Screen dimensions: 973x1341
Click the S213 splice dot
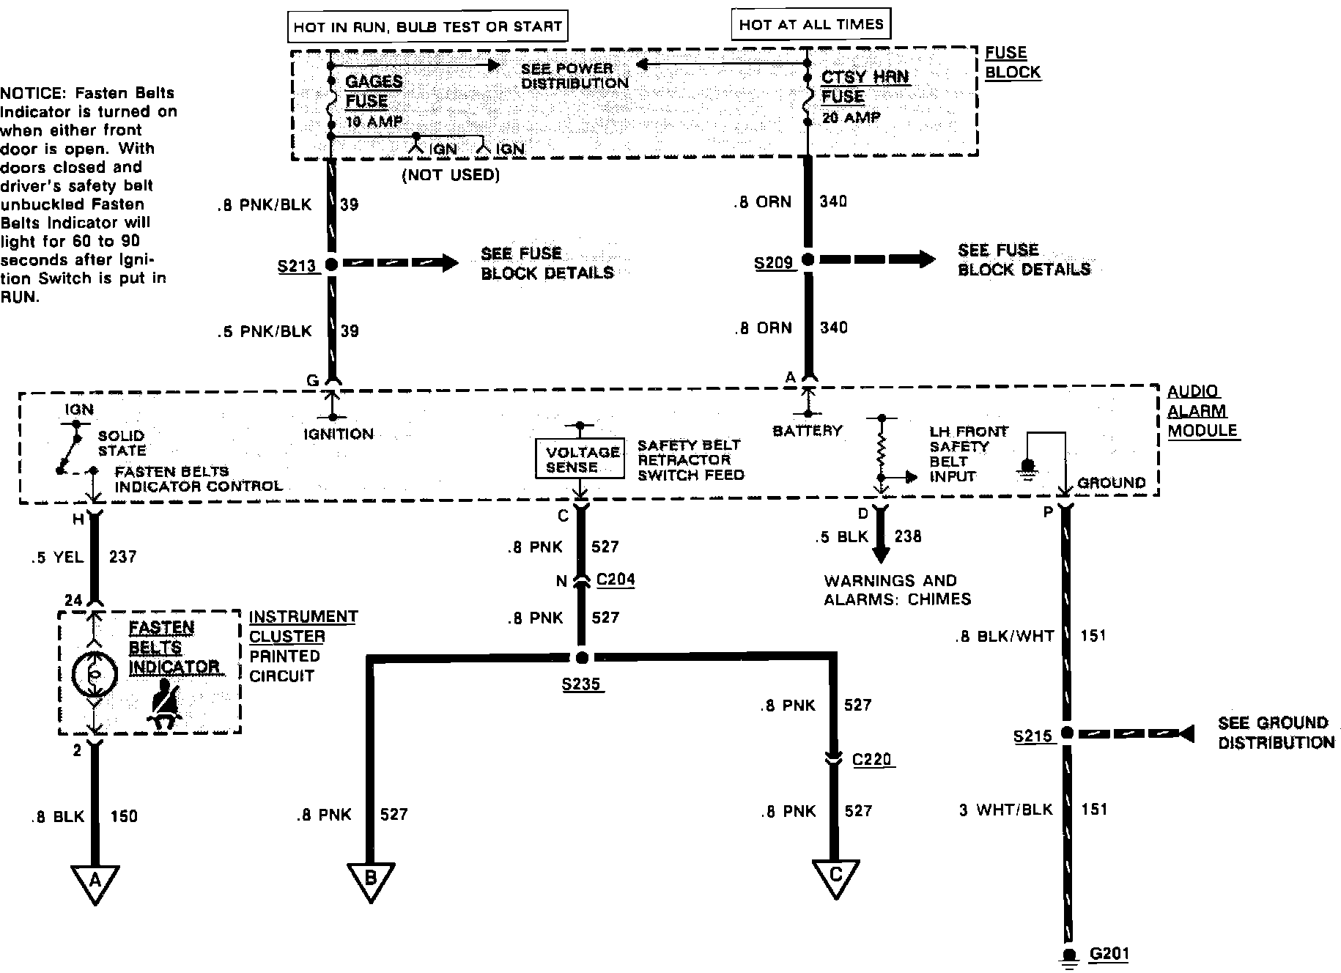331,264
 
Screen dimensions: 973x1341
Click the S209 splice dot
808,259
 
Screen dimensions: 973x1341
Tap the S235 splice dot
582,657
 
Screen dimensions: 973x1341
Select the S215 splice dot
1067,733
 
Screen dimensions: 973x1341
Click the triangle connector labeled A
95,881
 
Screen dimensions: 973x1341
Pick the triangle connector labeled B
371,879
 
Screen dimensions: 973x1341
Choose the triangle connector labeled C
835,876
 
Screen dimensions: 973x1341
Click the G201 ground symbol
1069,957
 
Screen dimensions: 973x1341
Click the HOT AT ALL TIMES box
811,24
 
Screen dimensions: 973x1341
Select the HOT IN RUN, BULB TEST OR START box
428,27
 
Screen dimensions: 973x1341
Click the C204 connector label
616,580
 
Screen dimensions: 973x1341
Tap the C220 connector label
871,759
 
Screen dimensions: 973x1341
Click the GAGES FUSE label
373,92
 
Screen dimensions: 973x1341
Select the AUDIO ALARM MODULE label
1202,411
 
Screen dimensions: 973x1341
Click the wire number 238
907,536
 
